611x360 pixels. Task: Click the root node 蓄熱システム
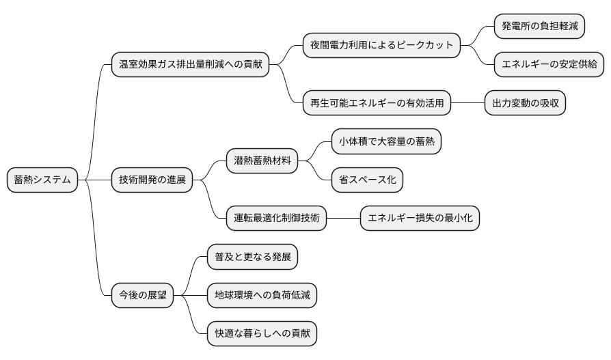click(42, 180)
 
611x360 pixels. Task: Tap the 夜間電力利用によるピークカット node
click(381, 46)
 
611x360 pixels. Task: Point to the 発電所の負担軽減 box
click(540, 26)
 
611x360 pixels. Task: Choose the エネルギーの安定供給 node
click(549, 65)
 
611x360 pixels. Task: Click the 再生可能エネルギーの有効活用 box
click(377, 103)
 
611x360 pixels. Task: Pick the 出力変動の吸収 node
click(525, 103)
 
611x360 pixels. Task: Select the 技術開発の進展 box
click(152, 180)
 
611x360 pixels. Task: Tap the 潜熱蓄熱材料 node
click(262, 161)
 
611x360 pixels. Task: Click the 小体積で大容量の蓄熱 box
click(386, 141)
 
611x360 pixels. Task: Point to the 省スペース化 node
click(367, 180)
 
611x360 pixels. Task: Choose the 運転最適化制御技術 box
click(276, 219)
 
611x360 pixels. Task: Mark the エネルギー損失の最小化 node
click(420, 219)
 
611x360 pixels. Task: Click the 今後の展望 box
click(142, 296)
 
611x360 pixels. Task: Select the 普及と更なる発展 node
click(252, 257)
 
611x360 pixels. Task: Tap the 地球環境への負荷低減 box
click(262, 296)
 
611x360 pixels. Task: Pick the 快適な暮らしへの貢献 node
click(262, 334)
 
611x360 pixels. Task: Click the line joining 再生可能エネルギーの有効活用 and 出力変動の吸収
click(467, 103)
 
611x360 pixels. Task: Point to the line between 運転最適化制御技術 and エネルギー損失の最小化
click(343, 219)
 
